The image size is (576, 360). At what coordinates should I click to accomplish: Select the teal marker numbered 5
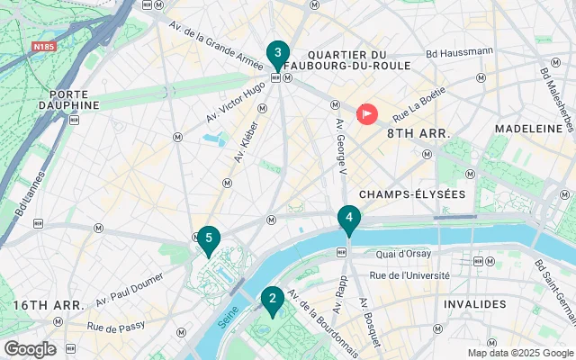click(209, 238)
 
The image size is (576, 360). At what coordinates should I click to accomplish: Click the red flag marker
click(367, 114)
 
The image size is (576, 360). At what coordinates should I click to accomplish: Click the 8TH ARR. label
click(418, 133)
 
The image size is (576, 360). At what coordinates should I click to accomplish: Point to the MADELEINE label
click(525, 130)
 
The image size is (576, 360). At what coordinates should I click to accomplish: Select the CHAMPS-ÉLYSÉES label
click(411, 194)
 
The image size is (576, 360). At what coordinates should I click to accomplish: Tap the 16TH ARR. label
click(49, 306)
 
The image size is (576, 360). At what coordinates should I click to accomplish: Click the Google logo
click(30, 349)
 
